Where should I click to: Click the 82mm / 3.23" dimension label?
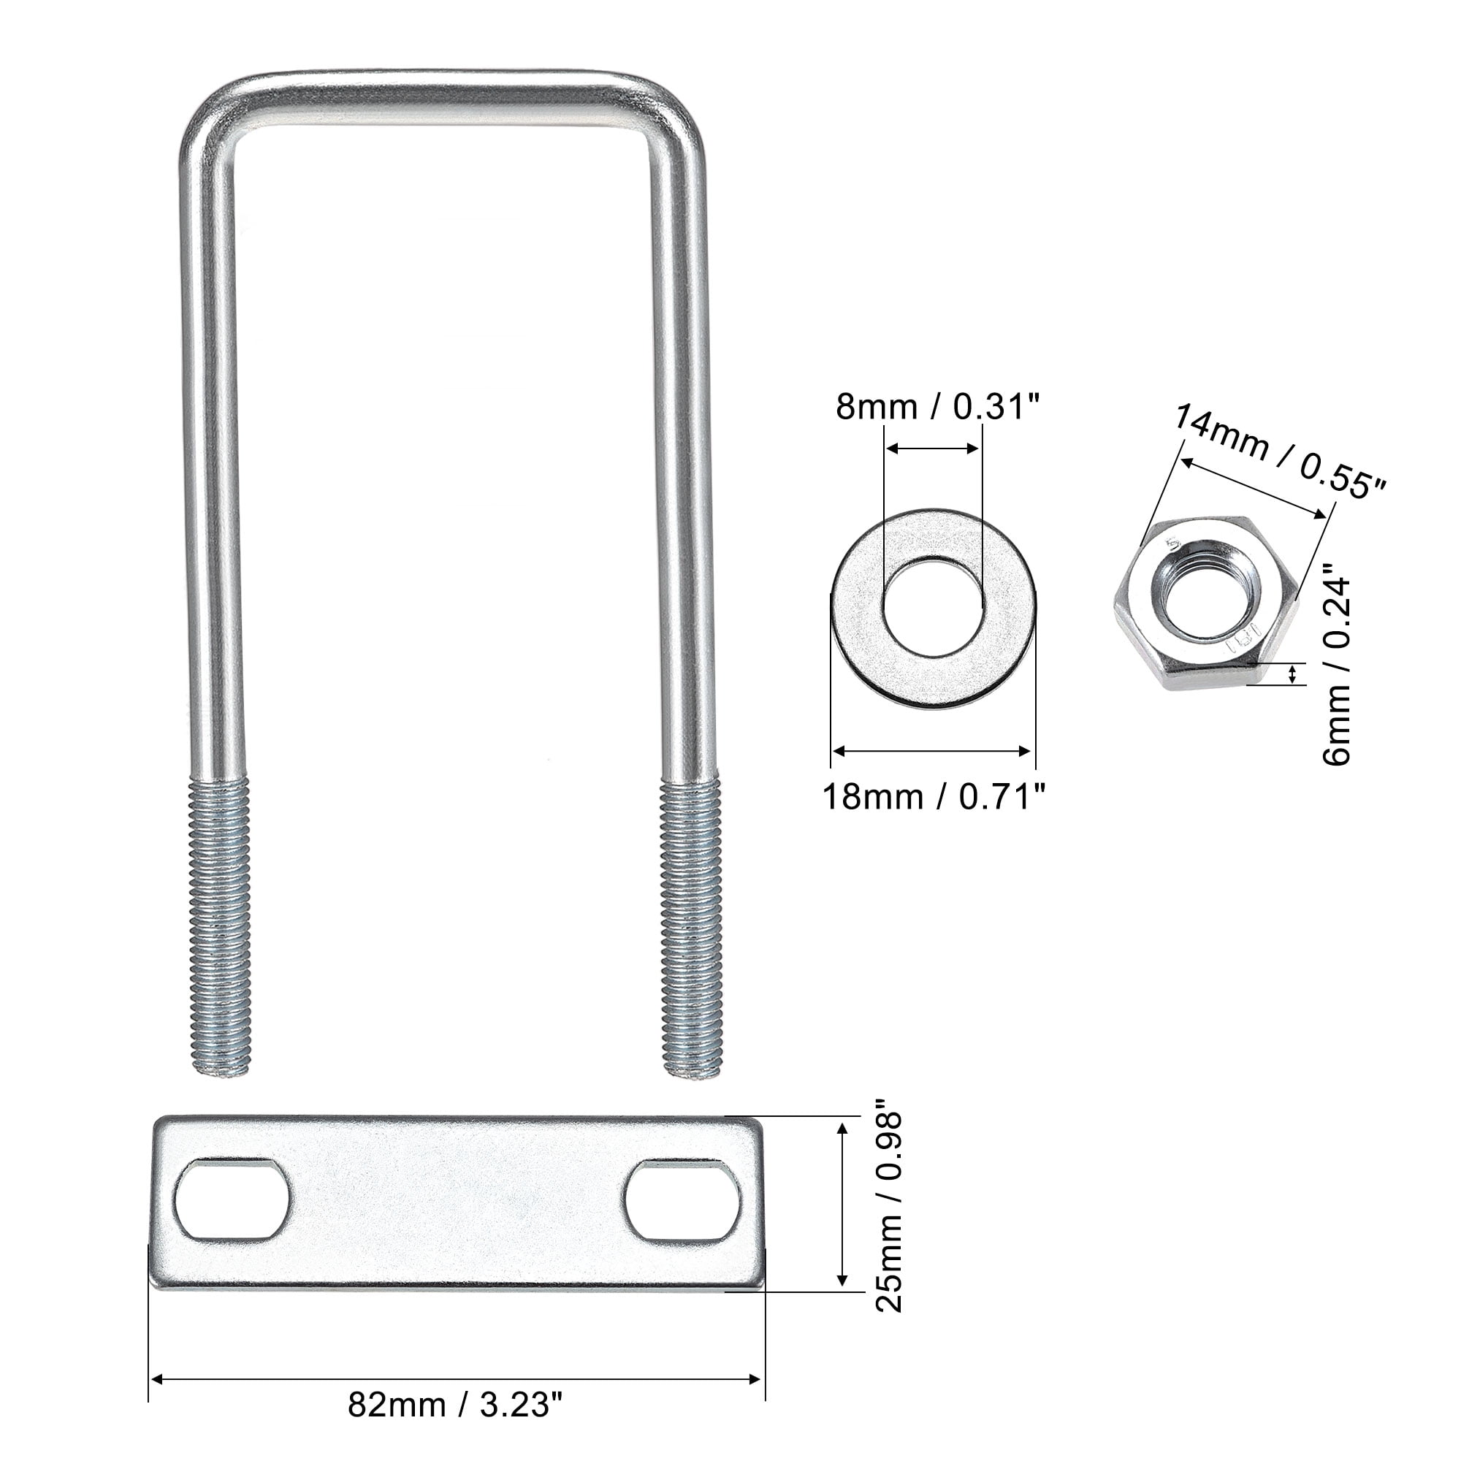[x=455, y=1405]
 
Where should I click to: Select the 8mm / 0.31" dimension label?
[x=938, y=408]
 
